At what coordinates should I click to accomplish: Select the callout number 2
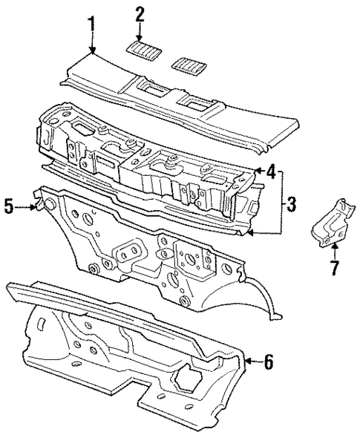click(140, 13)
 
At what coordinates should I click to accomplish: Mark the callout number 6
click(269, 362)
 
